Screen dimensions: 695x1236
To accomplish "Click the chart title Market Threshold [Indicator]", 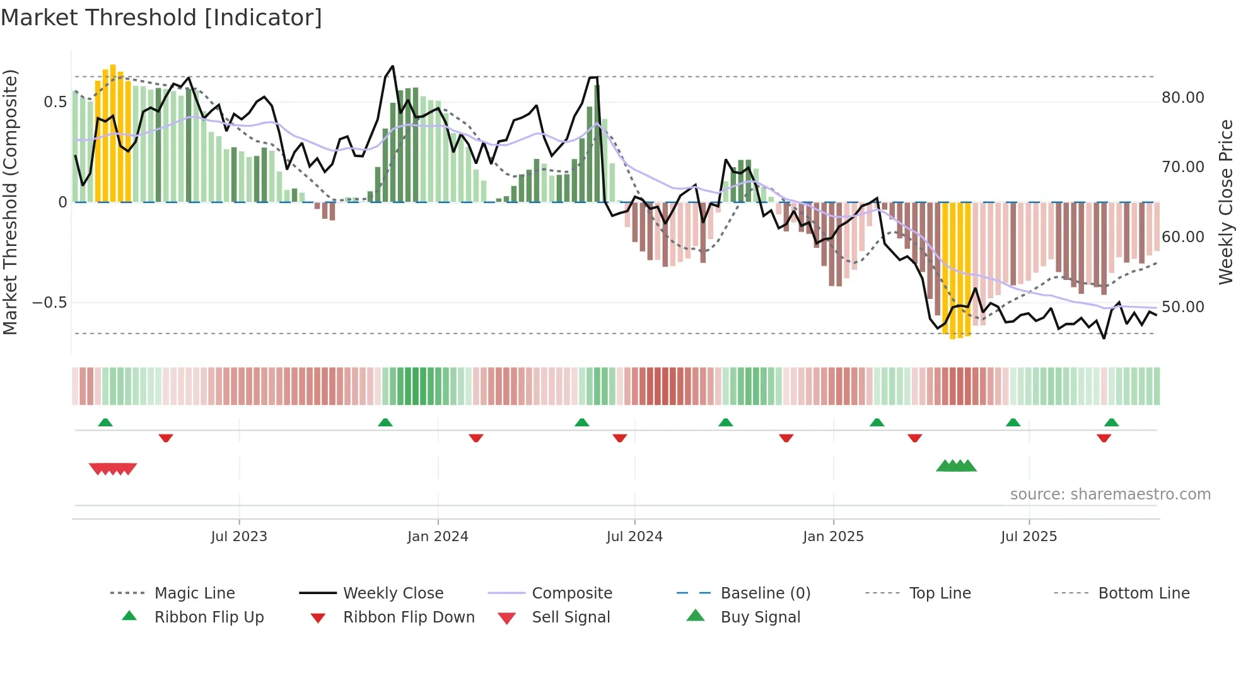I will pos(161,18).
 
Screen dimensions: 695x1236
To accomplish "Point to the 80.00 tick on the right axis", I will pos(1182,98).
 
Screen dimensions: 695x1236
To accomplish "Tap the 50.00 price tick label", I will pos(1182,307).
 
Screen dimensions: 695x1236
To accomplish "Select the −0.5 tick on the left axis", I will pos(49,303).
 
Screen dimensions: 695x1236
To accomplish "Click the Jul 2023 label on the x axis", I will pos(239,537).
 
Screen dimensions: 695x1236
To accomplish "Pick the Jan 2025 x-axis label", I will pos(833,537).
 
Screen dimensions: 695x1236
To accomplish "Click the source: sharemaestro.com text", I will pos(1110,494).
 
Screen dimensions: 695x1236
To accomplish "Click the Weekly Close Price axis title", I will pos(1225,202).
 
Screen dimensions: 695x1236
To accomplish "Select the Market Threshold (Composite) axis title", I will pos(10,202).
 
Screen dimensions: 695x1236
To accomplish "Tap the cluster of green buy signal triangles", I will pos(956,467).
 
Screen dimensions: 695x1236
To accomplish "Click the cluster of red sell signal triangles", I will pos(113,469).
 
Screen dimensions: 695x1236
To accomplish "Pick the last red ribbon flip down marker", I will pos(1104,438).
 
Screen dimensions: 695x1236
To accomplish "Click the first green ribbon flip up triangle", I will pos(105,423).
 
